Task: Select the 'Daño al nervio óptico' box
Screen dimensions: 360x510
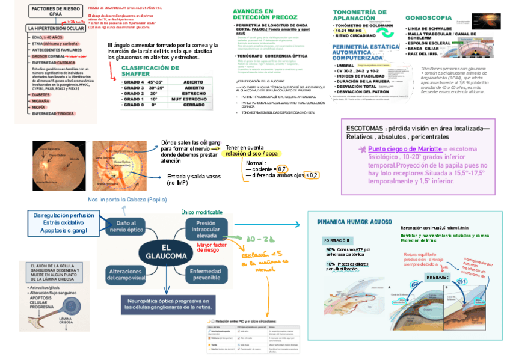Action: click(x=126, y=226)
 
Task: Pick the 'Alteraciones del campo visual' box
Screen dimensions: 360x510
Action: click(x=126, y=275)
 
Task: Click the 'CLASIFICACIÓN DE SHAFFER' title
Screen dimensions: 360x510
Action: click(x=150, y=72)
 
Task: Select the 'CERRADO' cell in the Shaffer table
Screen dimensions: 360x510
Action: click(x=194, y=104)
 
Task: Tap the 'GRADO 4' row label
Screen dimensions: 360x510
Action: click(x=134, y=81)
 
